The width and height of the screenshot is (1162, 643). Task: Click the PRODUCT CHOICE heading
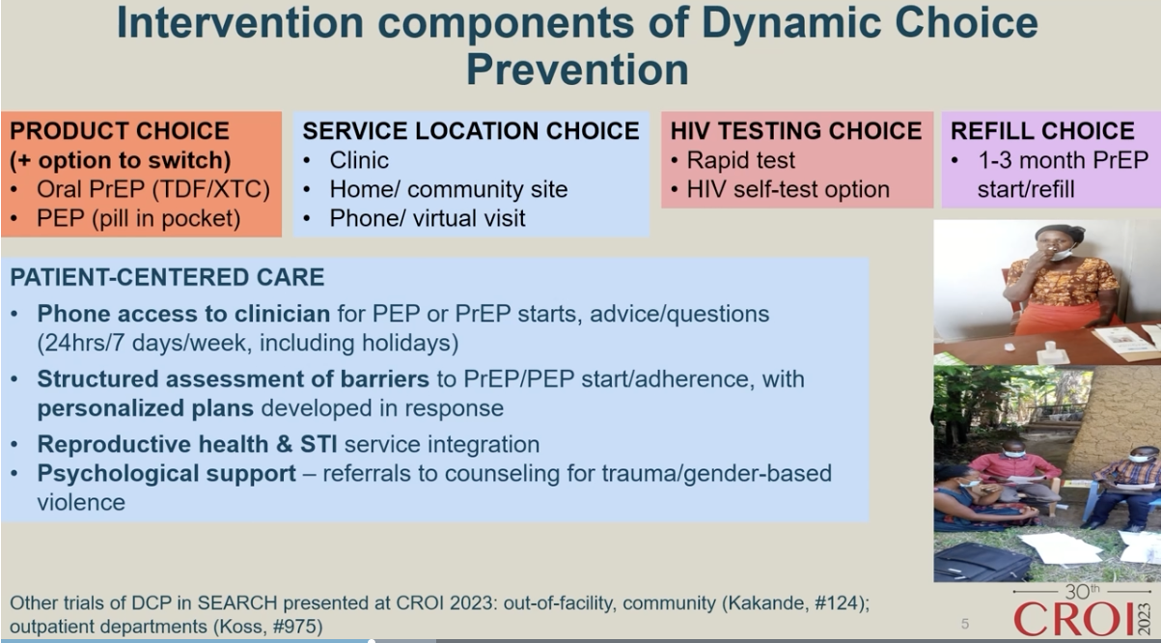tap(120, 130)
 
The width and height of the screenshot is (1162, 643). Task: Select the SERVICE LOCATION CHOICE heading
tap(471, 130)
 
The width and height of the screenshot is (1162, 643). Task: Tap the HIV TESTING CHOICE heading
tap(796, 130)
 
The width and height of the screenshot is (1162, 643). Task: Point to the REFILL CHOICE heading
tap(1042, 130)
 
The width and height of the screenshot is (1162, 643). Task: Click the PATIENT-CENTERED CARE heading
tap(167, 277)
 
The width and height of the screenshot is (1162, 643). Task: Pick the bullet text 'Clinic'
tap(359, 160)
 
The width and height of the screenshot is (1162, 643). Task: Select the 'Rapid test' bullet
tap(741, 160)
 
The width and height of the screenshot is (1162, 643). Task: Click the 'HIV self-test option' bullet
tap(788, 189)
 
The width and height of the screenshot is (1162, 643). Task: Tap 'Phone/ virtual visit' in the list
tap(428, 218)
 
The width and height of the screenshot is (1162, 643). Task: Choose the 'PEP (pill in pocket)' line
tap(139, 218)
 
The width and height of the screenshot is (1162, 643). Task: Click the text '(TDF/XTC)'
tap(211, 189)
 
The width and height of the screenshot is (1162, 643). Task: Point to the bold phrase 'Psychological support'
tap(167, 474)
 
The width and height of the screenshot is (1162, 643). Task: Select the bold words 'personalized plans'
tap(145, 408)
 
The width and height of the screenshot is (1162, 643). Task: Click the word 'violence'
tap(81, 502)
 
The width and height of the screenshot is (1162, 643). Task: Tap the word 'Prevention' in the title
tap(577, 70)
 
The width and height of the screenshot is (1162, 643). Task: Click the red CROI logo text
tap(1074, 618)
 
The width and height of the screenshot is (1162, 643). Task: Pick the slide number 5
tap(965, 624)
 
